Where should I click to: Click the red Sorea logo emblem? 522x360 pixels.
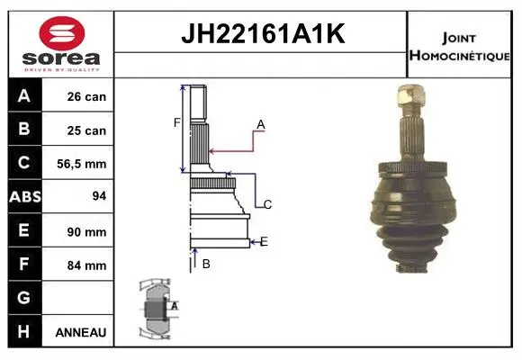tap(62, 33)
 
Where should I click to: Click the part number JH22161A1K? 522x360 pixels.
tap(263, 33)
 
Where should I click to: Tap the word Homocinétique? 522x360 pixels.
tap(459, 55)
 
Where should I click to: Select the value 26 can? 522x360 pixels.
tap(86, 96)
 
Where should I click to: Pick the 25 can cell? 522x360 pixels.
tap(86, 130)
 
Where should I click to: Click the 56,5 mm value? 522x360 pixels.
tap(82, 164)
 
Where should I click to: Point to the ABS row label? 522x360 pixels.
tap(25, 196)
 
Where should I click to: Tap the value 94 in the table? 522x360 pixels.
tap(99, 196)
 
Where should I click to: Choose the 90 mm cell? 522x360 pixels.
tap(86, 232)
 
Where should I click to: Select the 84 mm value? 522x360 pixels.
tap(86, 265)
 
